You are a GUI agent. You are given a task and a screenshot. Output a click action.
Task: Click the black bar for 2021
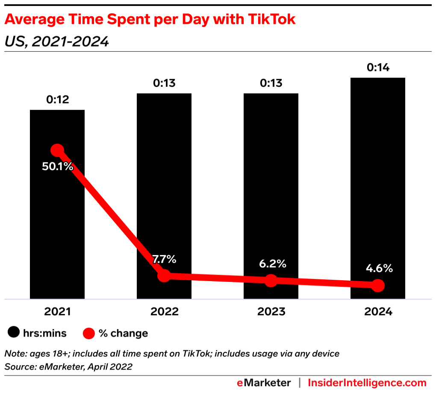click(x=57, y=222)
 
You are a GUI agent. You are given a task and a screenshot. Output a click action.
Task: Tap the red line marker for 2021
click(x=57, y=150)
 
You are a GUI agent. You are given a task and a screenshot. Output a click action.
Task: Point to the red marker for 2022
click(x=164, y=276)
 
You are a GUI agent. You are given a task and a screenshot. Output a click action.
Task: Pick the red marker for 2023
click(x=271, y=281)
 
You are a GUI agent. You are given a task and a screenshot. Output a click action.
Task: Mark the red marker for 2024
click(x=378, y=285)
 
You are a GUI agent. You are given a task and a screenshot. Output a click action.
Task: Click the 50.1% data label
click(x=57, y=167)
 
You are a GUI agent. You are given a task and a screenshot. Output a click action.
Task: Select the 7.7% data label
click(x=164, y=259)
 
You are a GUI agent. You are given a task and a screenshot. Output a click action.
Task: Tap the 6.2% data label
click(x=271, y=264)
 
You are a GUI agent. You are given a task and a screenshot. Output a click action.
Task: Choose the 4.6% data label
click(x=378, y=269)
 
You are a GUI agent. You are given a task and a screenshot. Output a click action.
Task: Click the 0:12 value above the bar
click(x=57, y=100)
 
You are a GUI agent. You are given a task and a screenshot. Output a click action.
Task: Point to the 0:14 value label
click(x=378, y=67)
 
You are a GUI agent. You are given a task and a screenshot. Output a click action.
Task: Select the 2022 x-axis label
click(x=164, y=312)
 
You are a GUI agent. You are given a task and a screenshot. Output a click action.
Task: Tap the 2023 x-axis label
click(x=271, y=312)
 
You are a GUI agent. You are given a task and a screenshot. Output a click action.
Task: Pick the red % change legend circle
click(x=88, y=333)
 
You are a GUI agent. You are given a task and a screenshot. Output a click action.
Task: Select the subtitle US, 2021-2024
click(x=56, y=41)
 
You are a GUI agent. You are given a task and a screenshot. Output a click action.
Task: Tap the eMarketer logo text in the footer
click(x=264, y=382)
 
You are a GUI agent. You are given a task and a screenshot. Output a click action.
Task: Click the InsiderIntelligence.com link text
click(x=367, y=382)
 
